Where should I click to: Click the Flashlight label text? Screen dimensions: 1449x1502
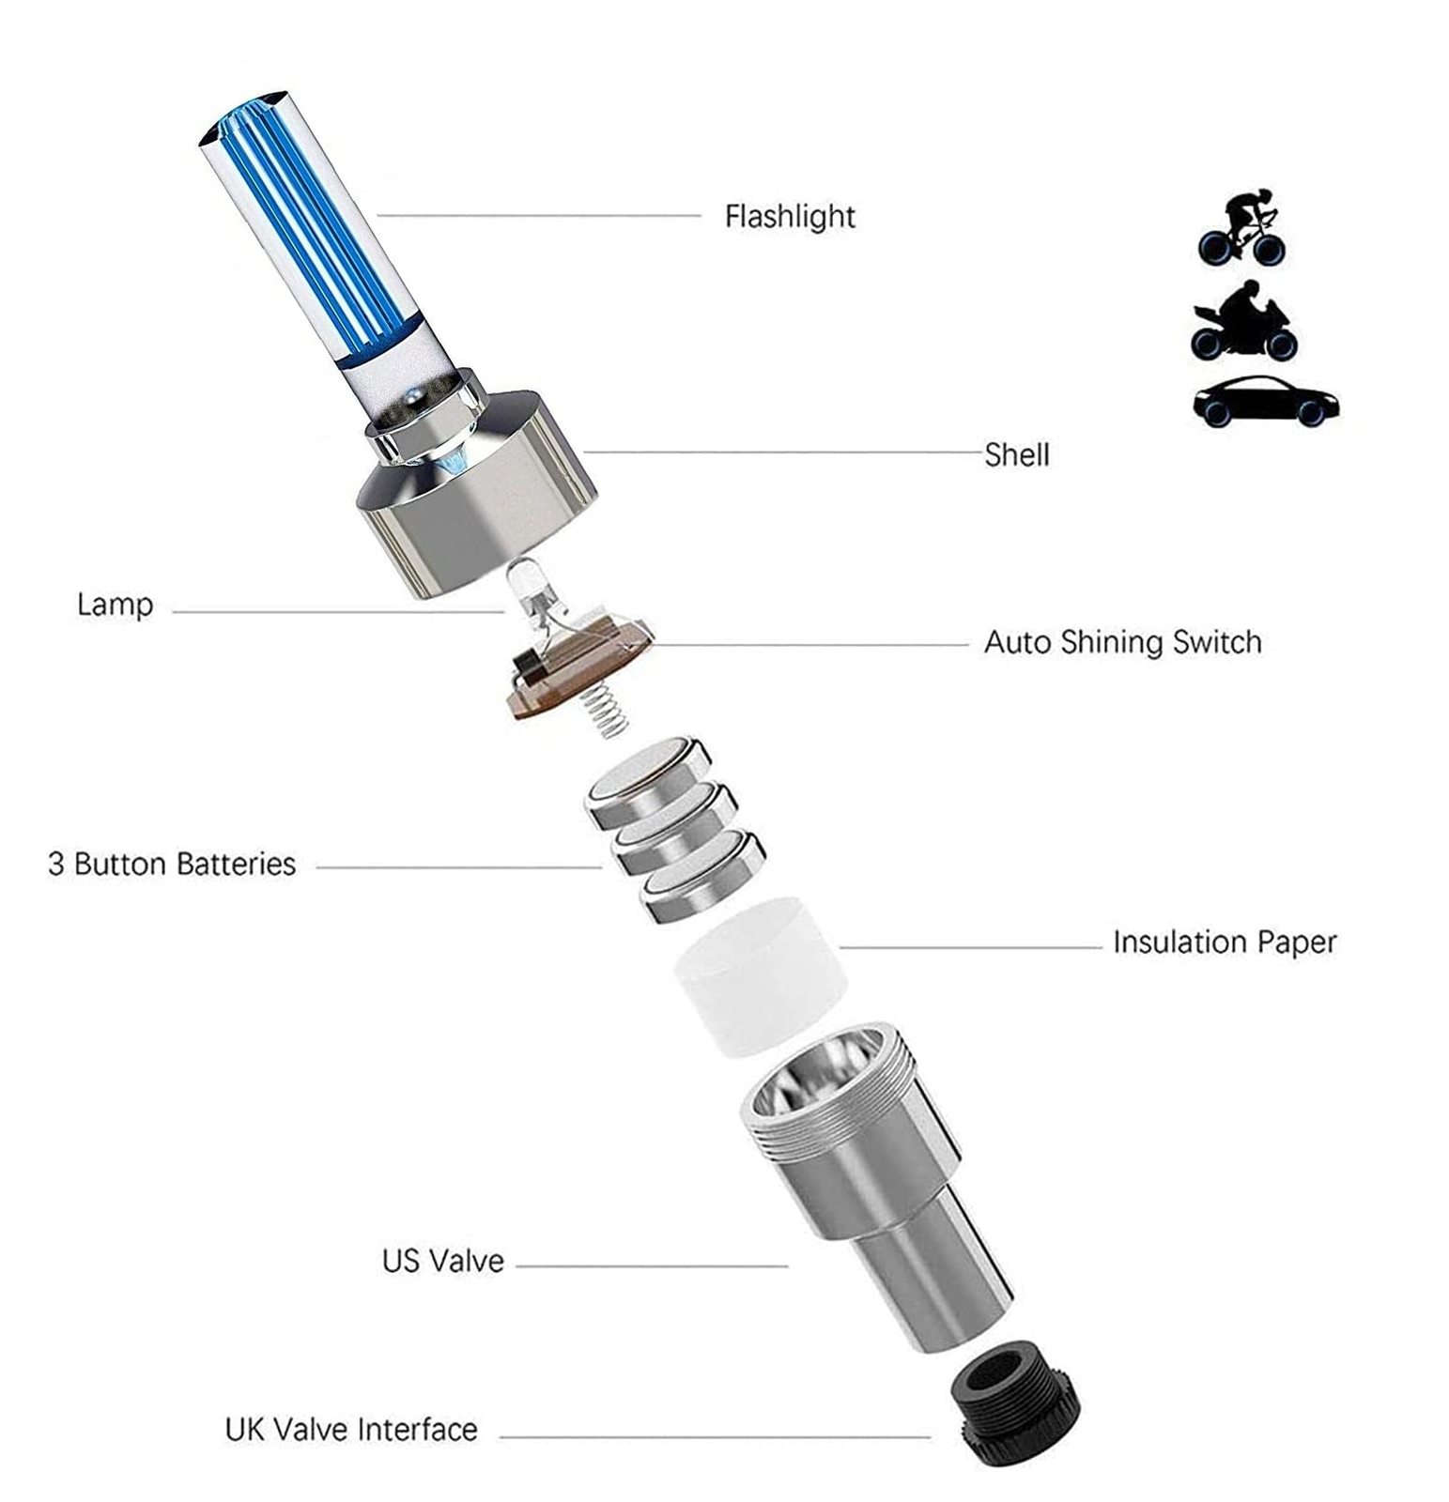[x=790, y=217]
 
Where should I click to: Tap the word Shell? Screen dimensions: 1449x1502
[x=1017, y=455]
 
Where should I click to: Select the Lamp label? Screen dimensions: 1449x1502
[x=115, y=605]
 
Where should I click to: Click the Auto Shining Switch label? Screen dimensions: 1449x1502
[x=1122, y=643]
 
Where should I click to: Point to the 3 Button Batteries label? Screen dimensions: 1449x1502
[x=172, y=864]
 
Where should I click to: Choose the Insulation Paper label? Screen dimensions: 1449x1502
[x=1225, y=943]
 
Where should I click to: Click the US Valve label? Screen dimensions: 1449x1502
[x=443, y=1261]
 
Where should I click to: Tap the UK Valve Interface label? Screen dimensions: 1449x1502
[x=351, y=1430]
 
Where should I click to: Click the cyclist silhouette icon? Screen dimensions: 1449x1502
[x=1241, y=228]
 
